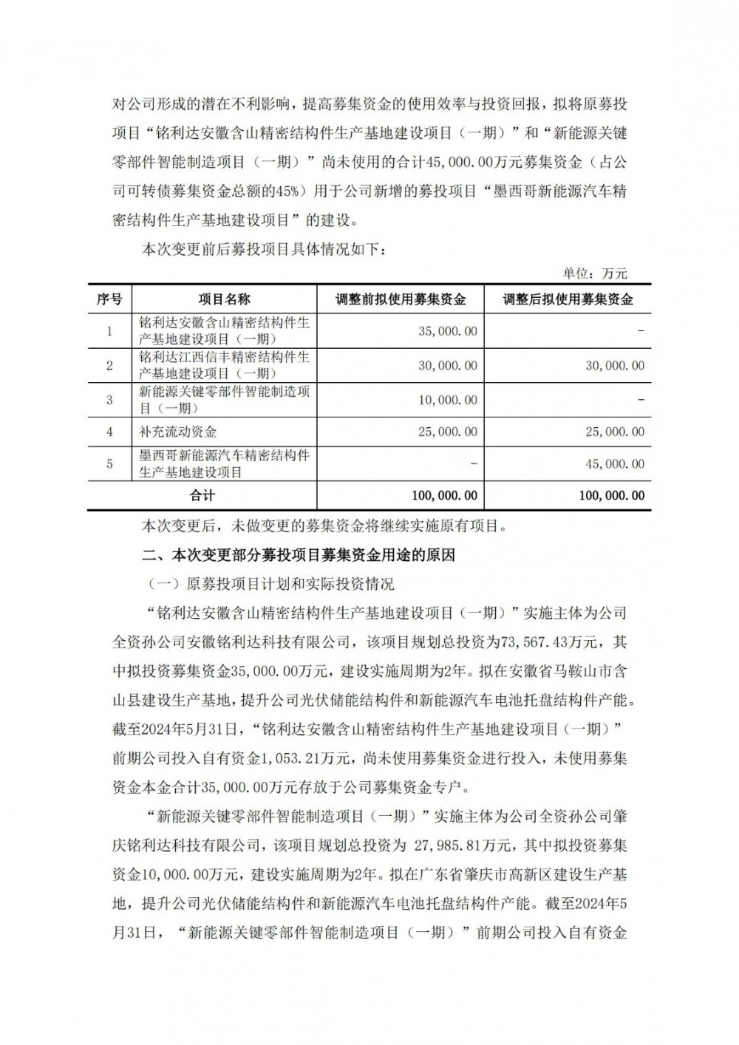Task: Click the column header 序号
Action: click(109, 299)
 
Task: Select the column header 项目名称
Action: click(224, 299)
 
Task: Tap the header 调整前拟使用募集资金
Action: click(400, 299)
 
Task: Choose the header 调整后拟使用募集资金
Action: click(568, 299)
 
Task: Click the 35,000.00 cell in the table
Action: click(447, 331)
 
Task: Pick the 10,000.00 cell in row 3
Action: click(447, 400)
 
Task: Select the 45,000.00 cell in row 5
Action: click(614, 464)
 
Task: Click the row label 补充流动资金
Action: click(178, 432)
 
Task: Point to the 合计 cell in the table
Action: click(202, 495)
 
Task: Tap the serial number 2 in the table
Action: click(109, 366)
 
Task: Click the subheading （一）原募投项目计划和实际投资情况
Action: click(271, 584)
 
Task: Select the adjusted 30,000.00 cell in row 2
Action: click(614, 366)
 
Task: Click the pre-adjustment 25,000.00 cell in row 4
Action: click(447, 432)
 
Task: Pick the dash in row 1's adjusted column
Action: click(640, 331)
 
